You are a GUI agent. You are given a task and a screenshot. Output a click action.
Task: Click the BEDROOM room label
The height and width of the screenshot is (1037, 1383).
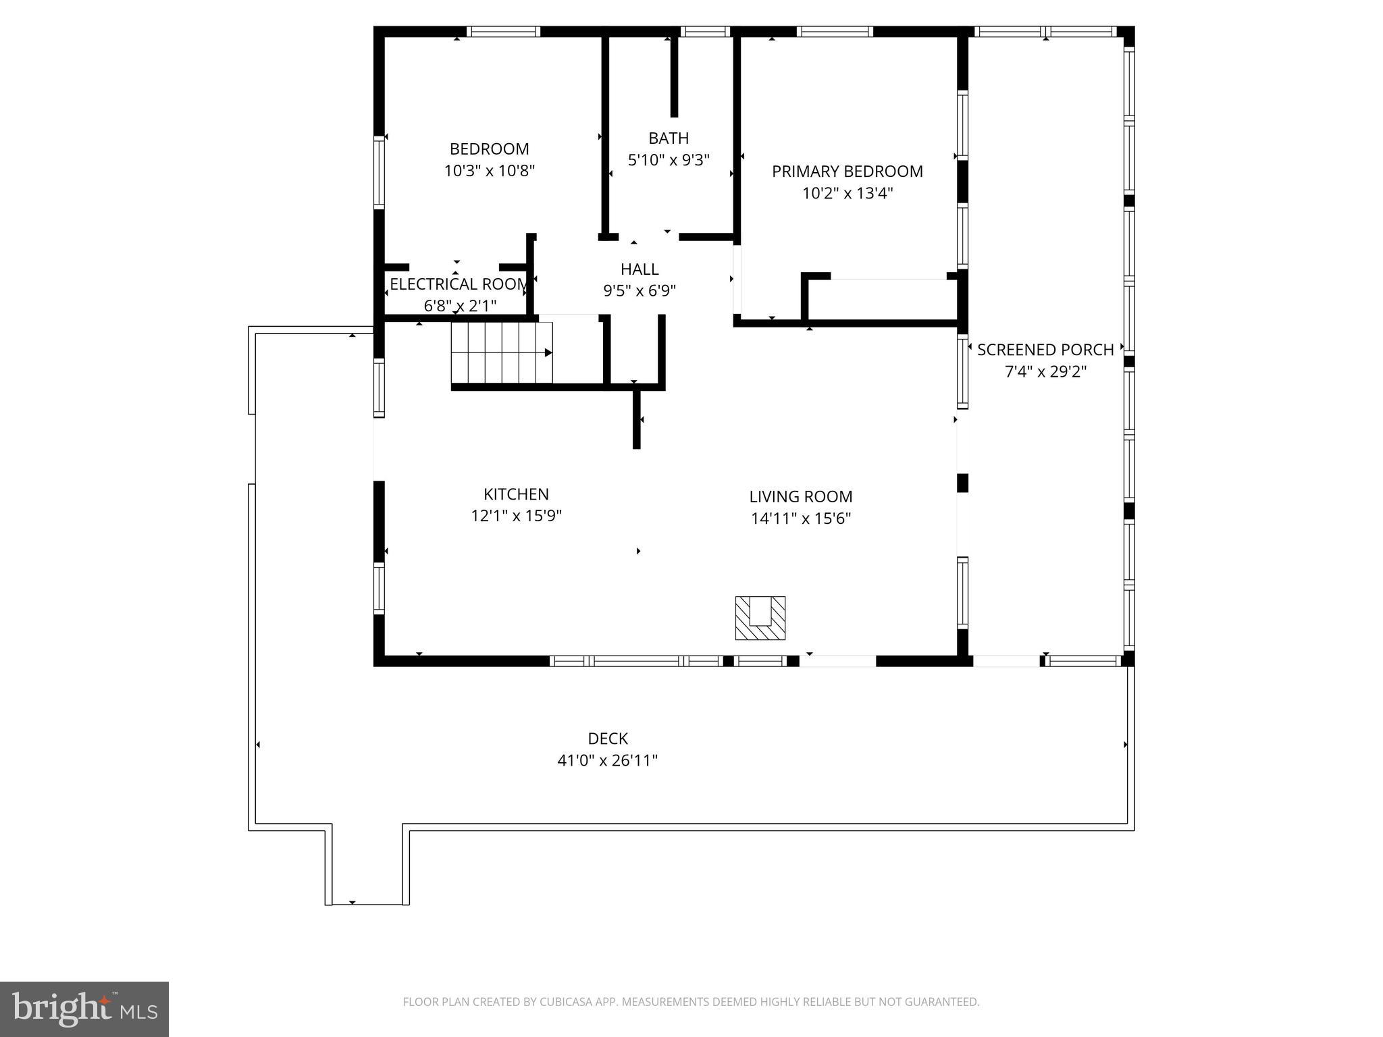489,149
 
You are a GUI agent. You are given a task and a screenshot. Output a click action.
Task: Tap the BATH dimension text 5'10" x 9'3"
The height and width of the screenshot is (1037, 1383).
669,160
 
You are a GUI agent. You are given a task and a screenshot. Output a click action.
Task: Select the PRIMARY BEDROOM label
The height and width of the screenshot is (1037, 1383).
847,171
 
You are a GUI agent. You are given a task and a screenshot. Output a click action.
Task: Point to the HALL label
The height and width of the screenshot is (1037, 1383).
639,269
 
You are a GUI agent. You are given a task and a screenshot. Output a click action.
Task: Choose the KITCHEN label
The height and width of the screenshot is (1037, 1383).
516,494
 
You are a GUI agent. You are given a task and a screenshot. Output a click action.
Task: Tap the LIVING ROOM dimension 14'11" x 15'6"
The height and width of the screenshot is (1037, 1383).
800,518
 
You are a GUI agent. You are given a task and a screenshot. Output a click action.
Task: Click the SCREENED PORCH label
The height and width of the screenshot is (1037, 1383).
1045,350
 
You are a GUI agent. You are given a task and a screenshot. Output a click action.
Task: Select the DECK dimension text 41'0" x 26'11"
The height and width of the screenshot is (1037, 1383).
607,761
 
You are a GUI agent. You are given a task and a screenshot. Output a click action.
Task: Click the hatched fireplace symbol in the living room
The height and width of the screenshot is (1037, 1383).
760,618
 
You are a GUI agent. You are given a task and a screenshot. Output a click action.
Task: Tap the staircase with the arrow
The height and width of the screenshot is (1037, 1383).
502,352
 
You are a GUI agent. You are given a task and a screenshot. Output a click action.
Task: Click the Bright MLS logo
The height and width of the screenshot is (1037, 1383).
84,1009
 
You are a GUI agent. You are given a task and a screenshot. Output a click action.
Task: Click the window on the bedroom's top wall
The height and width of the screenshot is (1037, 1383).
503,32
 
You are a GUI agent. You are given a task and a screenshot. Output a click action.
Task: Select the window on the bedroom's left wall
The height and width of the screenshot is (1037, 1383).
380,171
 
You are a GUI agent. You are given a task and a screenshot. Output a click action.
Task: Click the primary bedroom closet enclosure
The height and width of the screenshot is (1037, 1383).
881,299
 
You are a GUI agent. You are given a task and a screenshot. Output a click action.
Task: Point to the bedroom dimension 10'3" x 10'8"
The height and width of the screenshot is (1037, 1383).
489,171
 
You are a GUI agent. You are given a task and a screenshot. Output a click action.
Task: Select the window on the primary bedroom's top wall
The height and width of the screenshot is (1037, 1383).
835,32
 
